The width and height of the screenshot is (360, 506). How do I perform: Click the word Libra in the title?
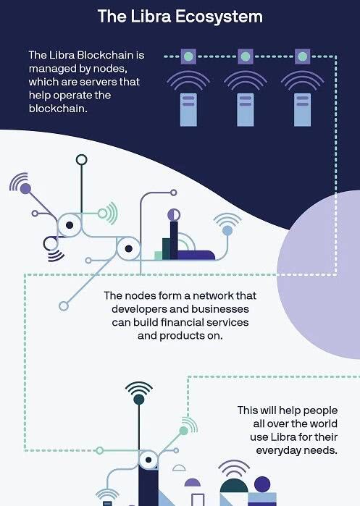pyautogui.click(x=150, y=16)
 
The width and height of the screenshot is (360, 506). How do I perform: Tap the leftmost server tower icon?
pyautogui.click(x=188, y=110)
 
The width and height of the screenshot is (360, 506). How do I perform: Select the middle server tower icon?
pyautogui.click(x=246, y=110)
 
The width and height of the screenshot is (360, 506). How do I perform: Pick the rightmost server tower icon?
pyautogui.click(x=303, y=110)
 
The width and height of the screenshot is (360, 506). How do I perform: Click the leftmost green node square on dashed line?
pyautogui.click(x=188, y=56)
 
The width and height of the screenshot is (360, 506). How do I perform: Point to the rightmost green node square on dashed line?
pyautogui.click(x=303, y=56)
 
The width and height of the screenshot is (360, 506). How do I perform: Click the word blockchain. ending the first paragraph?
pyautogui.click(x=58, y=109)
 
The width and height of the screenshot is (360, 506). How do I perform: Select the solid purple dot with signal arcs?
pyautogui.click(x=25, y=188)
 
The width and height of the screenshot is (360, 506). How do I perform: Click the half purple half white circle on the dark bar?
pyautogui.click(x=174, y=214)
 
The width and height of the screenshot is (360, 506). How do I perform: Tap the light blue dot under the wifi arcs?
pyautogui.click(x=227, y=230)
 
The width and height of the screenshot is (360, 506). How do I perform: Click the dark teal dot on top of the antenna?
pyautogui.click(x=139, y=399)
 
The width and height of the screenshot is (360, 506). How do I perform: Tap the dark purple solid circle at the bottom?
pyautogui.click(x=262, y=484)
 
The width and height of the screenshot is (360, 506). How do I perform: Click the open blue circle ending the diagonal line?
pyautogui.click(x=64, y=306)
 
